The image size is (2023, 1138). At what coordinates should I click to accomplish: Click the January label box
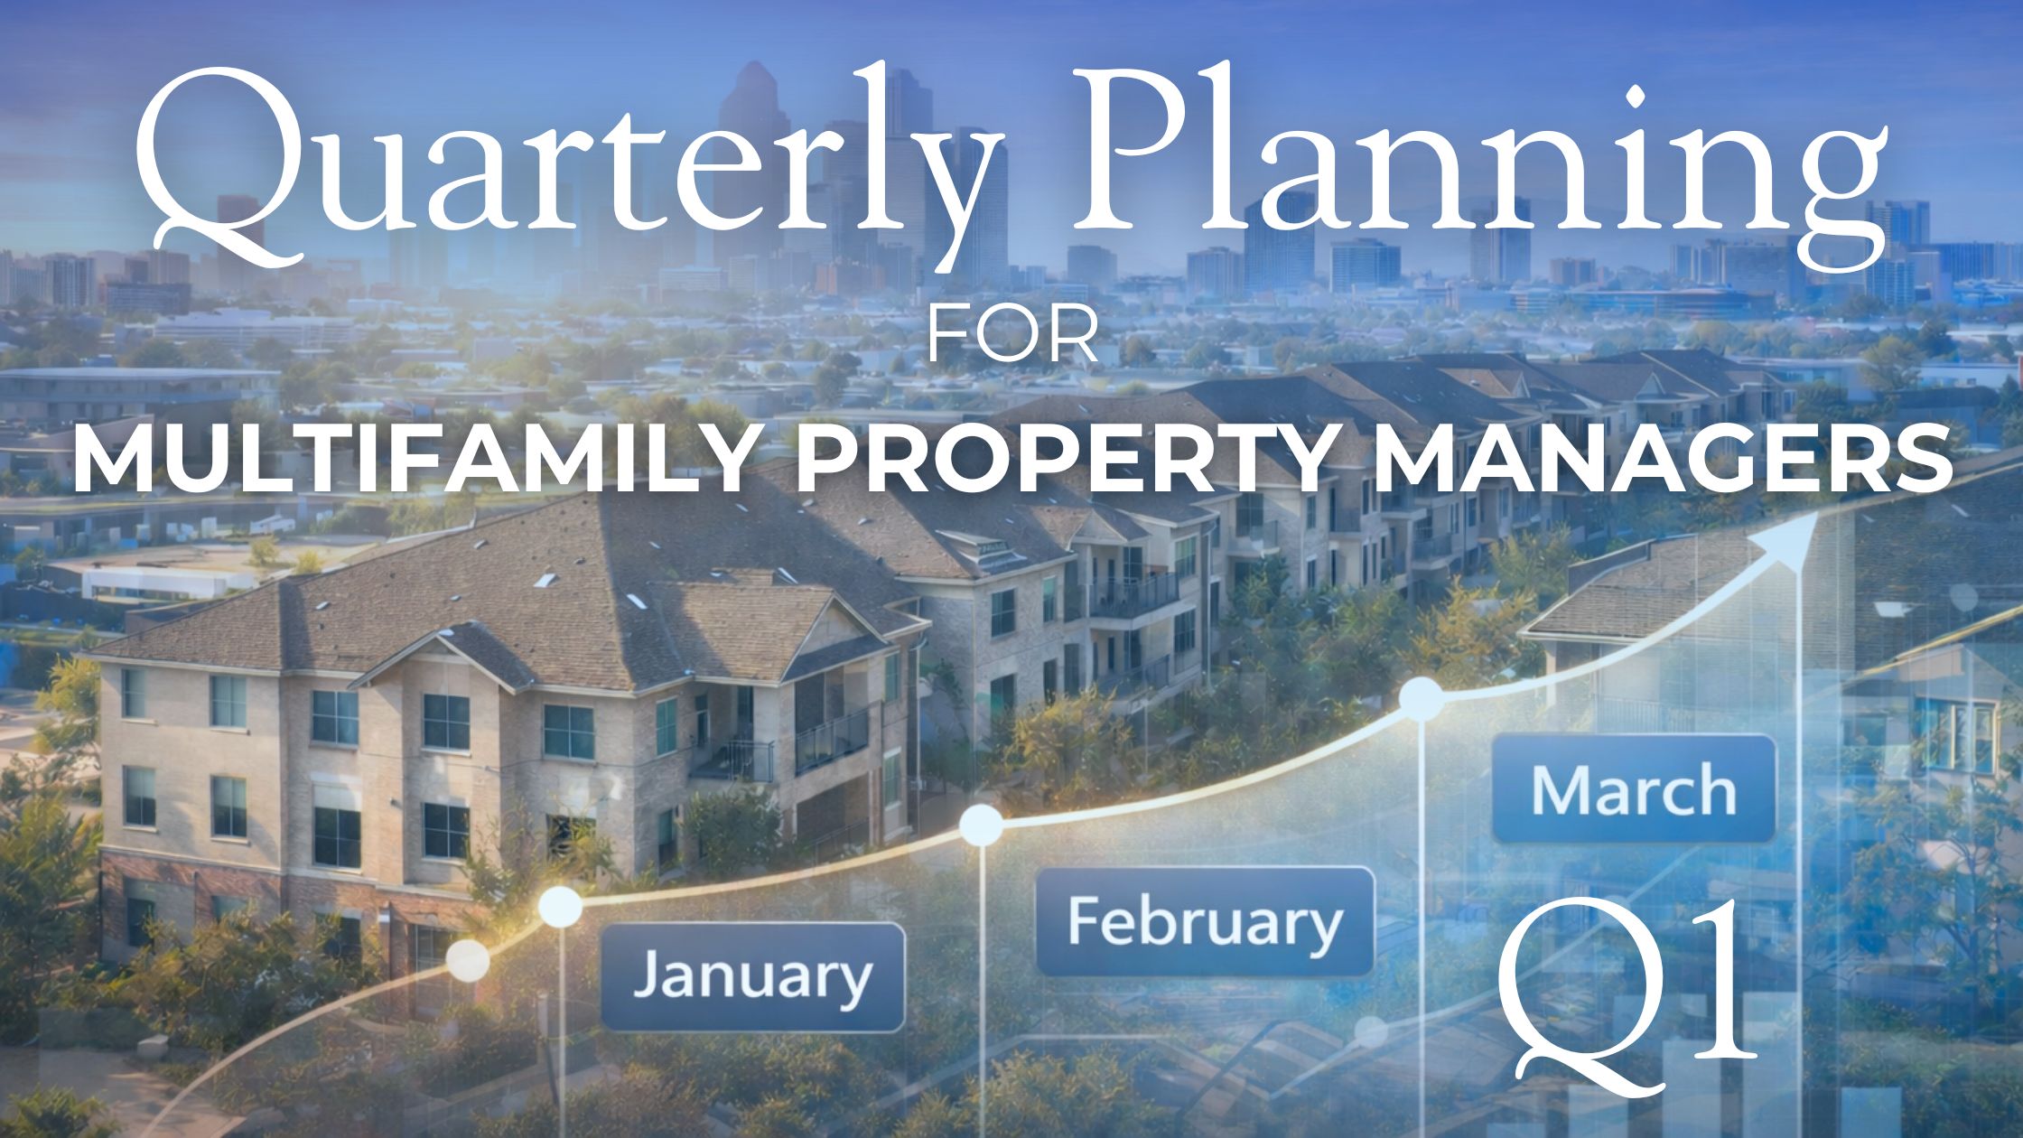[x=752, y=976]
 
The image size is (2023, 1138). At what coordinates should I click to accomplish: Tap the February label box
[x=1205, y=921]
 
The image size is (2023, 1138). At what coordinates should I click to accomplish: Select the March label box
[x=1634, y=789]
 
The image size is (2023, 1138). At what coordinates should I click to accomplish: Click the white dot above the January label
[x=561, y=906]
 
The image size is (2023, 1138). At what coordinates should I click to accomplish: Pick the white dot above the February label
[x=981, y=824]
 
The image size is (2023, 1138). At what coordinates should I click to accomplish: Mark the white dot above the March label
[x=1422, y=700]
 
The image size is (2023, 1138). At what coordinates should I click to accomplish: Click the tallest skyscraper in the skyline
[x=748, y=135]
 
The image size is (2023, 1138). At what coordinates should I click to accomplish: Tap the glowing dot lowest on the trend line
[x=468, y=960]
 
